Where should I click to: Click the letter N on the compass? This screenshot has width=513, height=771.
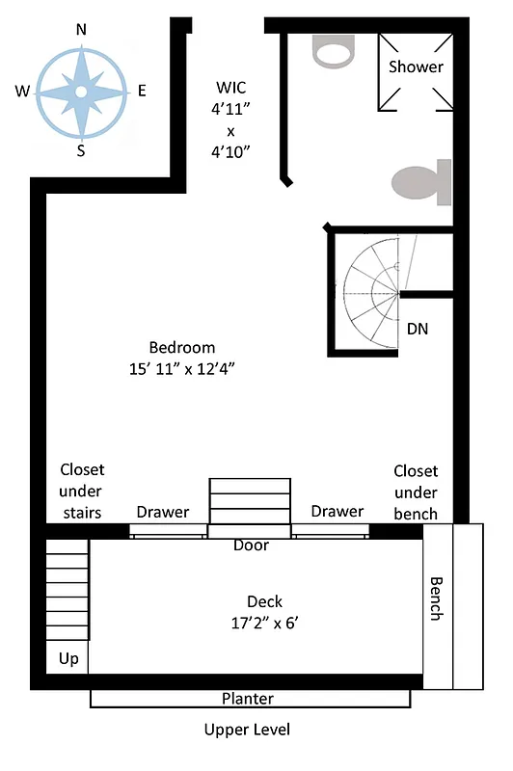point(81,30)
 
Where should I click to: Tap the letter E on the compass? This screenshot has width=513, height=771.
point(142,92)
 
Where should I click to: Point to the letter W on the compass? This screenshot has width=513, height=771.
point(21,92)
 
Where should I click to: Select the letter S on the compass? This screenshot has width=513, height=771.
point(81,150)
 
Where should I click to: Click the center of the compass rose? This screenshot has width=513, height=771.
point(81,92)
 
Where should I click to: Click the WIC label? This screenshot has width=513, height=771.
point(230,87)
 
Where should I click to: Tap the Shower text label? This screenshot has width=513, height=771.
point(416,66)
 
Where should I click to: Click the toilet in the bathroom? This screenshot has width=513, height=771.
point(422,182)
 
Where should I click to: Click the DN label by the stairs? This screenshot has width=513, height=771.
point(418,329)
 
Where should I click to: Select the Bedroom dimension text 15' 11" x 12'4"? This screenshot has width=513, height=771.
point(182,368)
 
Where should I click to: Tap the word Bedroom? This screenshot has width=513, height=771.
point(182,348)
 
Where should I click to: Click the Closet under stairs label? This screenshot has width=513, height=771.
point(82,491)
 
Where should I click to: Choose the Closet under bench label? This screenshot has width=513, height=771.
point(416,492)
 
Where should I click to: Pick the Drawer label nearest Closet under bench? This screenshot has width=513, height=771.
point(337,511)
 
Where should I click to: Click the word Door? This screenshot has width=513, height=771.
point(251,545)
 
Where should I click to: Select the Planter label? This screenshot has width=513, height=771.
point(247,699)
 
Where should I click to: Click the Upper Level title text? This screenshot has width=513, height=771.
point(247,730)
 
